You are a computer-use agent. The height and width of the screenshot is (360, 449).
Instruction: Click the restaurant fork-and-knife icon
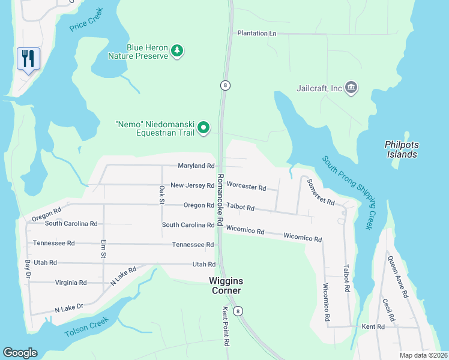pyautogui.click(x=28, y=59)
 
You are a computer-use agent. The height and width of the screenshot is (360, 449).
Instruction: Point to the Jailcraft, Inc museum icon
pyautogui.click(x=351, y=88)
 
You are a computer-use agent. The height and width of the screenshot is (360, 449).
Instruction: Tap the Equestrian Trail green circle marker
pyautogui.click(x=203, y=127)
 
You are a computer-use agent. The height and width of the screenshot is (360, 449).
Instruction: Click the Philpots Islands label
pyautogui.click(x=401, y=149)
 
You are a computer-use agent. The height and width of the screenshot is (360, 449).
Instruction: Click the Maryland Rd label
pyautogui.click(x=196, y=166)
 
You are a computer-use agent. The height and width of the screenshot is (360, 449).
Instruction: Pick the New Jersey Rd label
pyautogui.click(x=192, y=185)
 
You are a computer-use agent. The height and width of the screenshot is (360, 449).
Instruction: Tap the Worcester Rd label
pyautogui.click(x=246, y=187)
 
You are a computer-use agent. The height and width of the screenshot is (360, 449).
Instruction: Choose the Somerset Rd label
pyautogui.click(x=321, y=192)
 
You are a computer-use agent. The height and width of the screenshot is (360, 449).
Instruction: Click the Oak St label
pyautogui.click(x=161, y=194)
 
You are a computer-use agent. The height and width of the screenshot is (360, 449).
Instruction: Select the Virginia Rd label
pyautogui.click(x=71, y=283)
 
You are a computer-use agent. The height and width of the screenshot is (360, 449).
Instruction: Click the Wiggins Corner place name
pyautogui.click(x=225, y=285)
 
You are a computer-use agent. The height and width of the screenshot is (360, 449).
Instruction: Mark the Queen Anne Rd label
pyautogui.click(x=397, y=277)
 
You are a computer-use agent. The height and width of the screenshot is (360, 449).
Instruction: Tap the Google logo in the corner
pyautogui.click(x=20, y=353)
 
